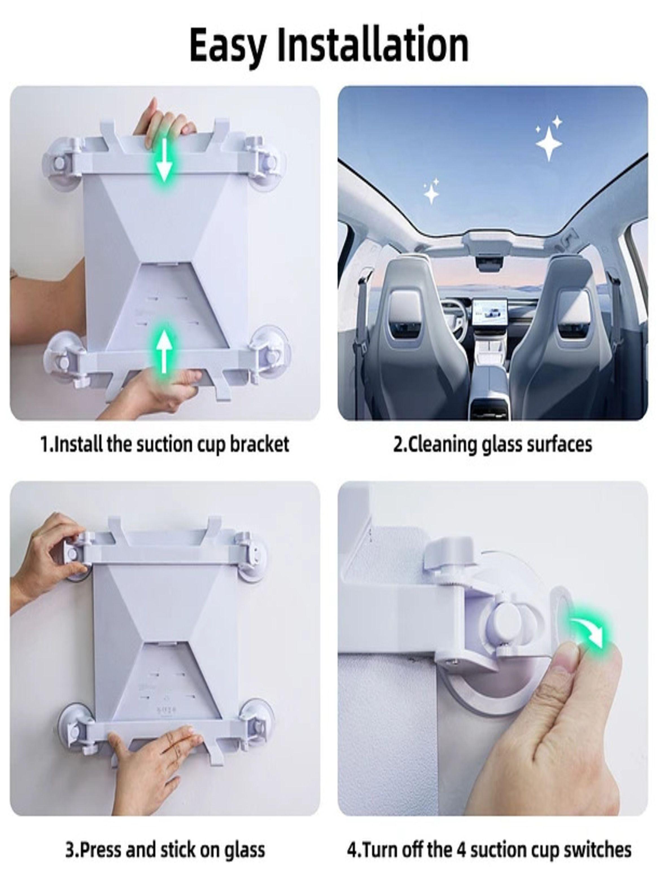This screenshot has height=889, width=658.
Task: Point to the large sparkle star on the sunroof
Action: coord(549,144)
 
